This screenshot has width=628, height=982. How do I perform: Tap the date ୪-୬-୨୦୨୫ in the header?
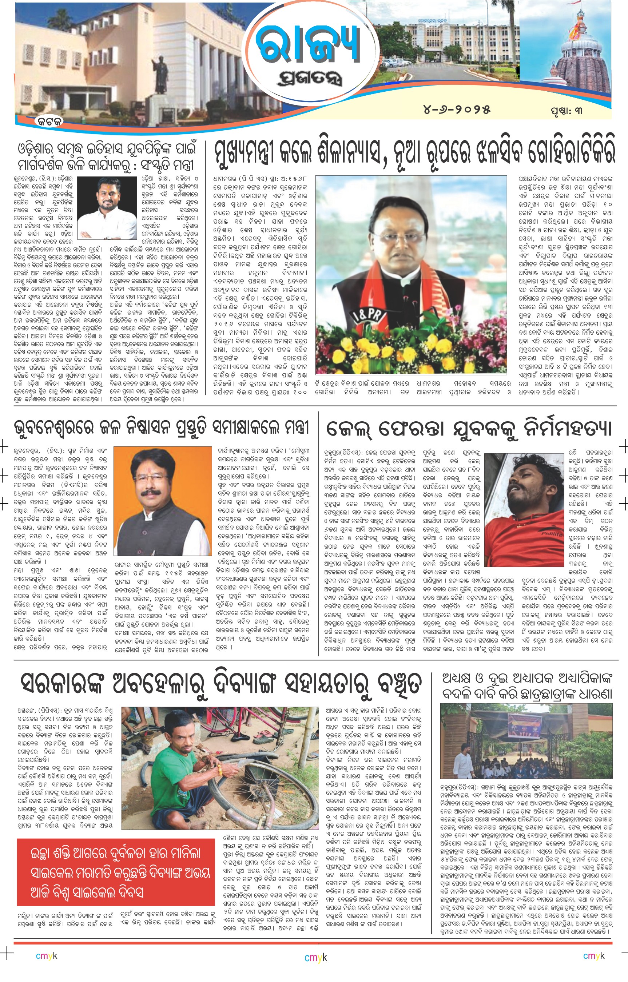[x=456, y=109]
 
